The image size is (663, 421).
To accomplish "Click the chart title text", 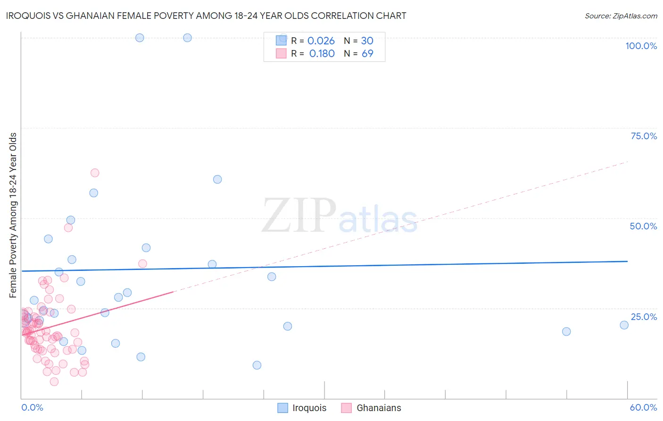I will (x=206, y=16).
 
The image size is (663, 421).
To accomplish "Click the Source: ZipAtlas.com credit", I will (x=621, y=16).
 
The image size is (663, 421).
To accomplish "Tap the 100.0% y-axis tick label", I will (x=641, y=46).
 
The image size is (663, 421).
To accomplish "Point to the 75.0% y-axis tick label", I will (x=644, y=136).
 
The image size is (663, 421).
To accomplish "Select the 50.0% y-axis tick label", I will (x=643, y=226).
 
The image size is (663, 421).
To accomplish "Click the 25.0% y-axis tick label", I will (x=644, y=316).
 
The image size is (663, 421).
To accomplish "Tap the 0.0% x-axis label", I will (x=32, y=407).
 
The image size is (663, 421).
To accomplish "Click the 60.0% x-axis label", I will (x=643, y=407).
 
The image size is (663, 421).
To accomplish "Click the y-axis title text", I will (x=13, y=215).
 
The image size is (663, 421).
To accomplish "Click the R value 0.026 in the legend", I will (x=321, y=41).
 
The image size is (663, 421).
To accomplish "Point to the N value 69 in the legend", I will (x=367, y=53).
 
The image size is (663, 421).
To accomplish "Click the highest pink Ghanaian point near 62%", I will (x=95, y=173).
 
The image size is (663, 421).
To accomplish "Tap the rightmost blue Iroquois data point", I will (x=624, y=325).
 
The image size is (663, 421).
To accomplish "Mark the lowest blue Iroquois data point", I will (x=257, y=365).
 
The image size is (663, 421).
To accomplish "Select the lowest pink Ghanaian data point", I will (x=54, y=382).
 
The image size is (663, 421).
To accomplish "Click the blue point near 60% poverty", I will (x=217, y=179).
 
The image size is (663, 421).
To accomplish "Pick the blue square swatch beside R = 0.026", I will (x=281, y=41).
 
